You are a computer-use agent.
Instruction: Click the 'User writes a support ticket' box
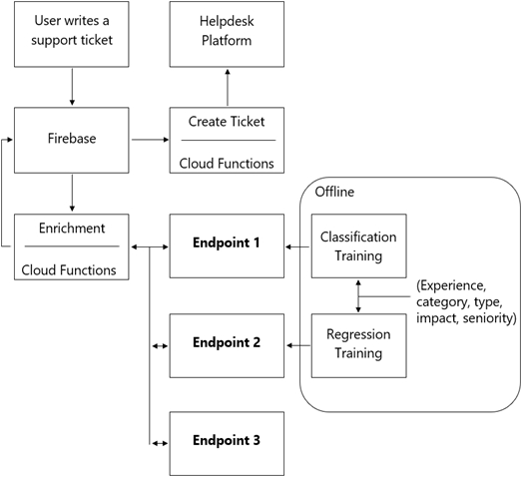click(72, 34)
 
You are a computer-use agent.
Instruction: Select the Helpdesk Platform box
click(227, 34)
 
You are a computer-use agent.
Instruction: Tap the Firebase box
click(72, 140)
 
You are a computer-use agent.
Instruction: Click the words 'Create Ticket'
click(227, 122)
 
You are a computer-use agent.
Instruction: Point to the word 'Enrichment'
click(72, 228)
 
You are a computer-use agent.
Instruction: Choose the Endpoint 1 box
click(227, 246)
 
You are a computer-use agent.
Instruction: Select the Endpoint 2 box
click(227, 345)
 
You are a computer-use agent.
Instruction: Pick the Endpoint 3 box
click(227, 444)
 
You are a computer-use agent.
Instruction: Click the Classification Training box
click(359, 246)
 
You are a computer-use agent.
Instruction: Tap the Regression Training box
click(359, 345)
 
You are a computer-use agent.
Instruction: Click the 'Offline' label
click(334, 192)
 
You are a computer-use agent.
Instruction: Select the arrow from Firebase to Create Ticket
click(150, 140)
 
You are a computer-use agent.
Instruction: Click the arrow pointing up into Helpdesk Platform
click(228, 87)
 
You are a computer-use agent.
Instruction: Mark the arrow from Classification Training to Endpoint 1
click(297, 246)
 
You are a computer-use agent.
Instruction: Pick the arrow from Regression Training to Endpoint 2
click(298, 345)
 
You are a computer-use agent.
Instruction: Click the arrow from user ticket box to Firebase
click(72, 87)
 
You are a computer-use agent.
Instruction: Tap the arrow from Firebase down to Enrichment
click(72, 193)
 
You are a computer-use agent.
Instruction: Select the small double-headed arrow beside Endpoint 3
click(160, 443)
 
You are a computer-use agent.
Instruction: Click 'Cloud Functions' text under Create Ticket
click(227, 164)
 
